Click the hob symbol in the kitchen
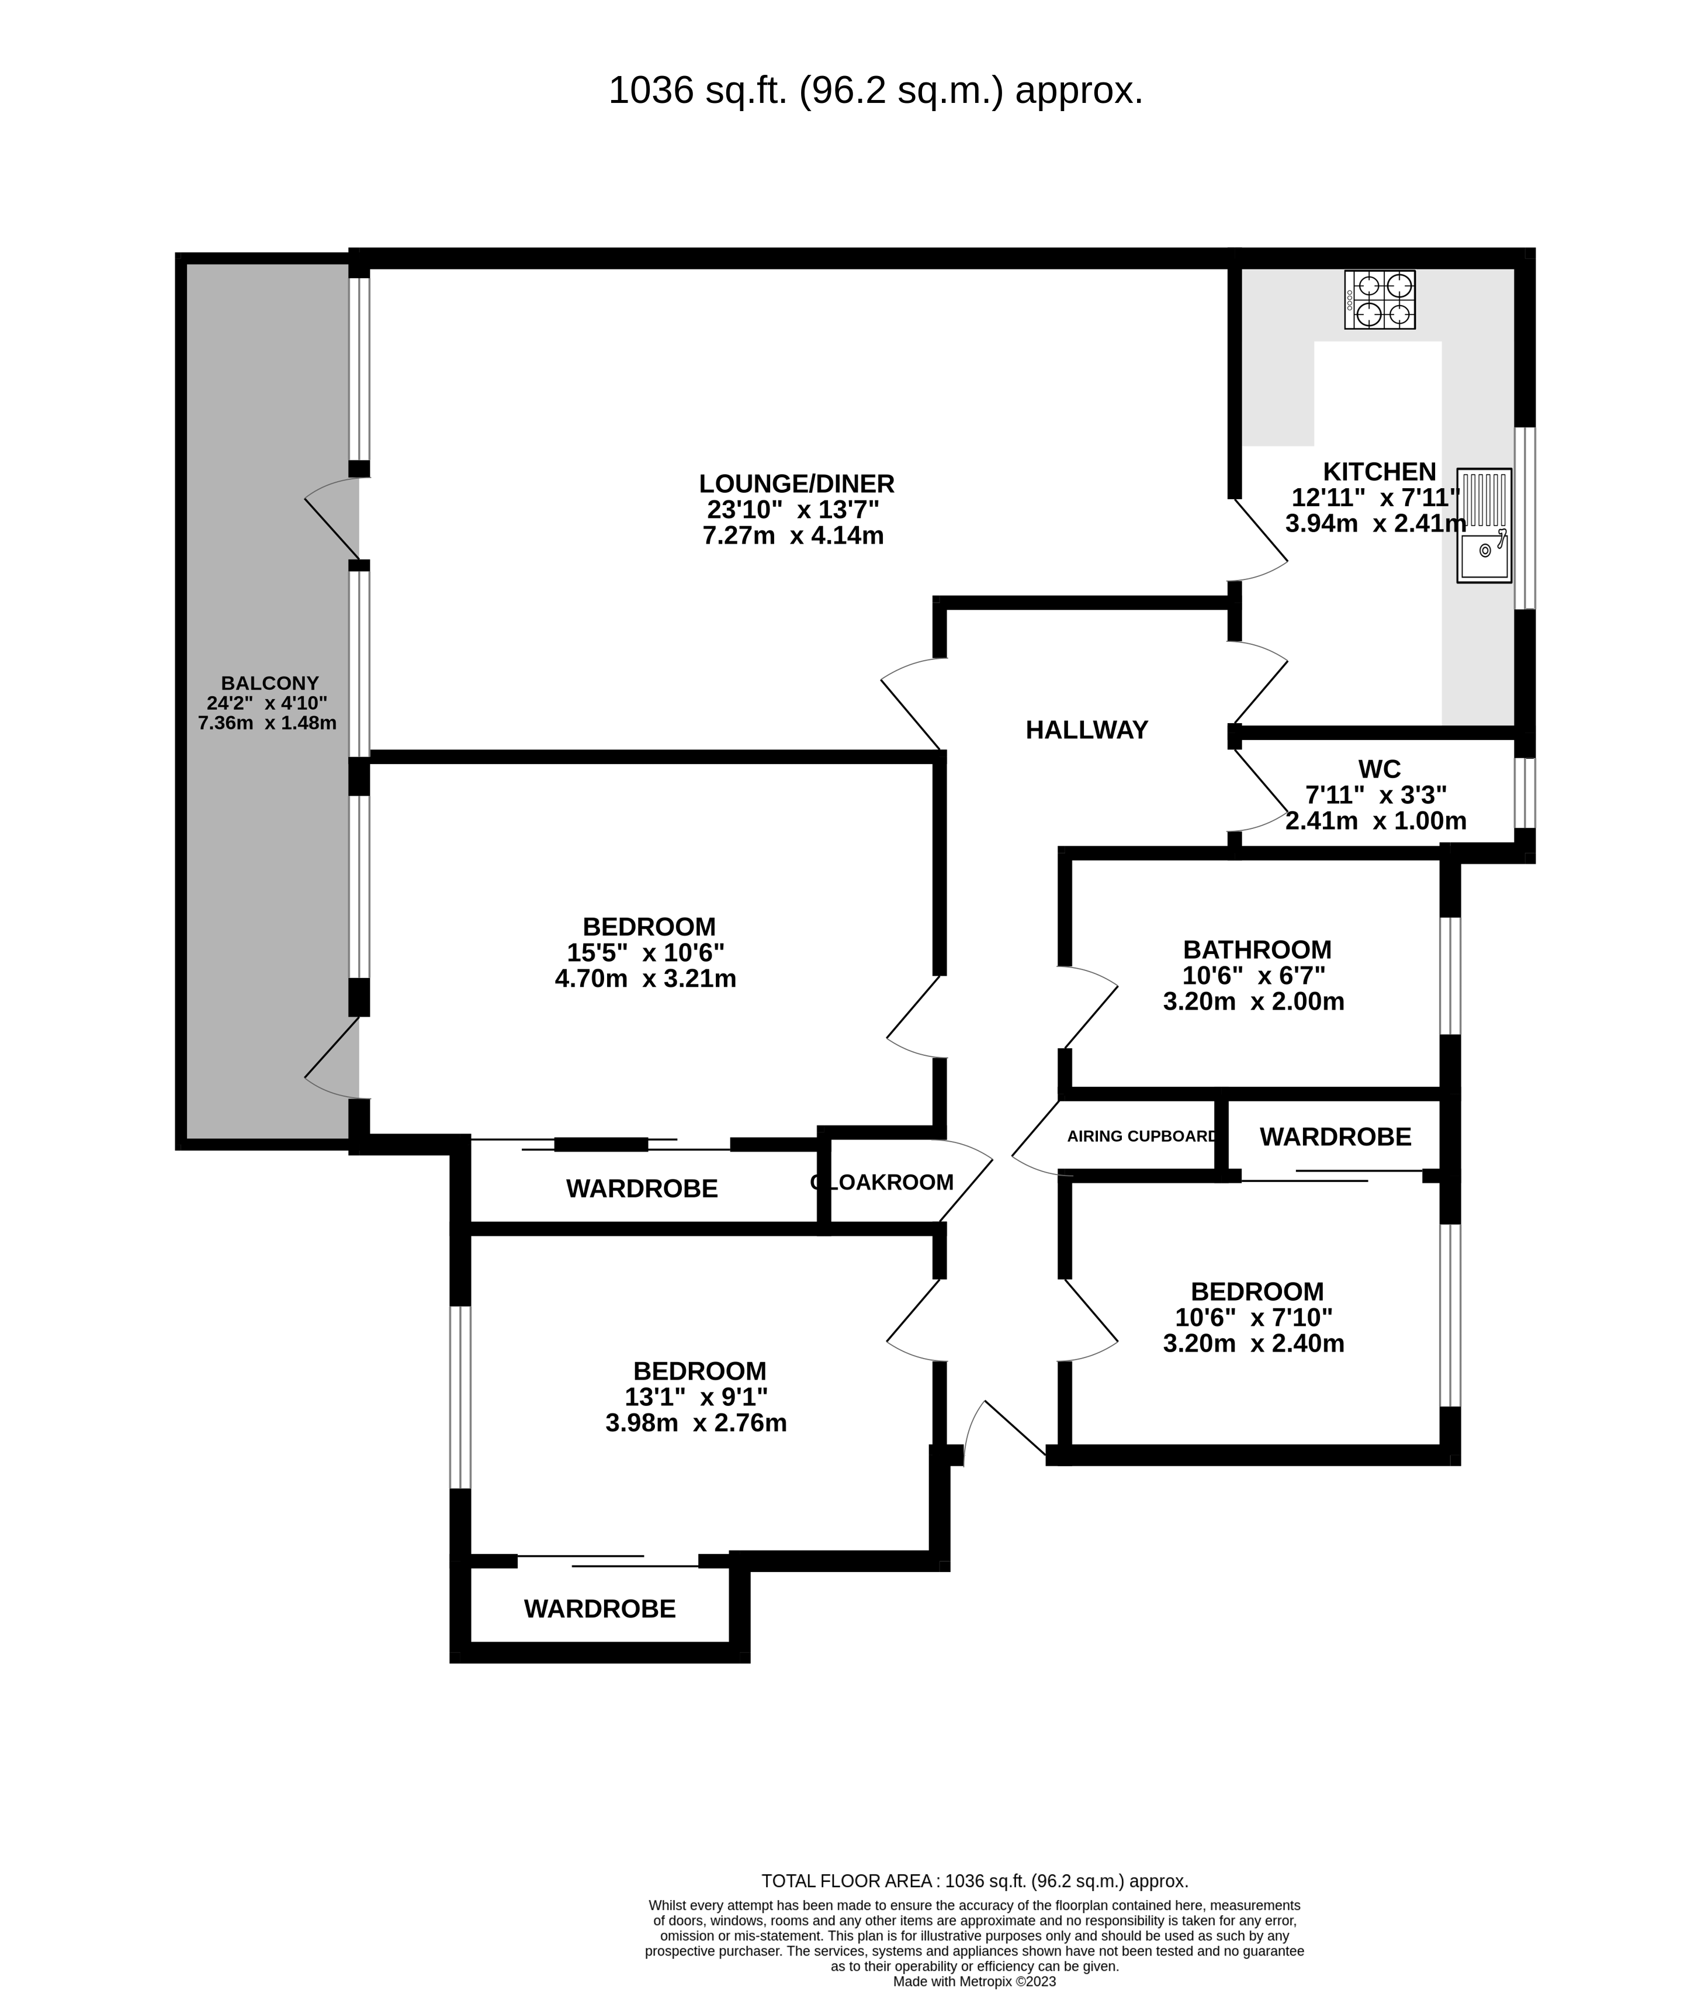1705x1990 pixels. pyautogui.click(x=1380, y=300)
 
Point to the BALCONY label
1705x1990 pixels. pyautogui.click(x=269, y=683)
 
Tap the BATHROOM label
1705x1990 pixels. pyautogui.click(x=1257, y=950)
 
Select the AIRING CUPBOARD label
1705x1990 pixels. pyautogui.click(x=1142, y=1136)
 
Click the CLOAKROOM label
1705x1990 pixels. pyautogui.click(x=882, y=1182)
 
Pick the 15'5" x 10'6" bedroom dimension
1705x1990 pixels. pyautogui.click(x=645, y=953)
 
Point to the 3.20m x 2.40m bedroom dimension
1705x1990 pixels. pyautogui.click(x=1253, y=1343)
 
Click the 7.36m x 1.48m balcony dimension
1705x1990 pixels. pyautogui.click(x=267, y=722)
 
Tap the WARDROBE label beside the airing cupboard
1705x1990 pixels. pyautogui.click(x=1335, y=1137)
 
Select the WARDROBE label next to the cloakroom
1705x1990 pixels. pyautogui.click(x=642, y=1189)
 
